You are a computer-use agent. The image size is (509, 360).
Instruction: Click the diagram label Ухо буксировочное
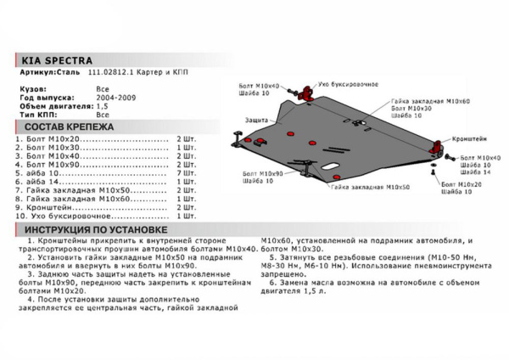[x=348, y=85]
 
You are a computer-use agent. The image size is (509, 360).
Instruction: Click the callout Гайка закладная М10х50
[x=372, y=187]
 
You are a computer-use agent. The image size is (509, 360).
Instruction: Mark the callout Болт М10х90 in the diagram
[x=259, y=173]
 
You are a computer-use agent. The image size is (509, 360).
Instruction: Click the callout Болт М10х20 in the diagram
[x=461, y=184]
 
